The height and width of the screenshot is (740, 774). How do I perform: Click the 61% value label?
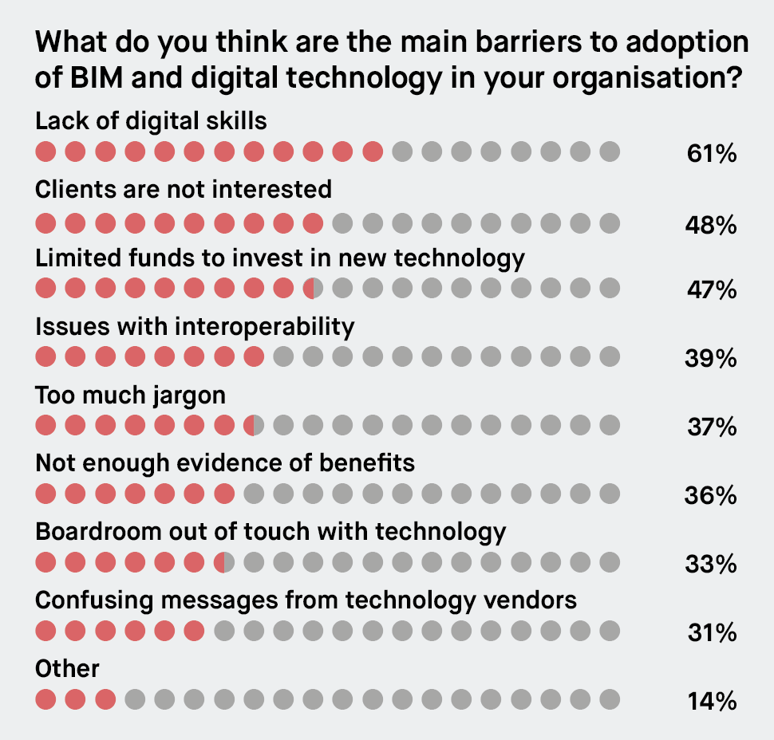pyautogui.click(x=711, y=153)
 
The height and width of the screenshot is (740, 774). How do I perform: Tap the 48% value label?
pyautogui.click(x=711, y=226)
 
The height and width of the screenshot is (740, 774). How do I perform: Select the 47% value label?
pyautogui.click(x=711, y=291)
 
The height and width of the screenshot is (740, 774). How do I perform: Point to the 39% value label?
pyautogui.click(x=711, y=360)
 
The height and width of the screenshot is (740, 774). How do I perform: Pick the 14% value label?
pyautogui.click(x=711, y=702)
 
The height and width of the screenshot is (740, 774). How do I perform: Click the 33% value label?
pyautogui.click(x=711, y=565)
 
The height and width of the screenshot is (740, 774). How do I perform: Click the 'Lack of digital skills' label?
pyautogui.click(x=151, y=120)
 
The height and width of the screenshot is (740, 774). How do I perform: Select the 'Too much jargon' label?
pyautogui.click(x=131, y=395)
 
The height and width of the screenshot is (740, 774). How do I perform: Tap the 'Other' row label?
pyautogui.click(x=67, y=667)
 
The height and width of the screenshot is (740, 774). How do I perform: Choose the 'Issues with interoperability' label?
pyautogui.click(x=195, y=326)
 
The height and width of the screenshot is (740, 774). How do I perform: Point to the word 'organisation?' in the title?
pyautogui.click(x=654, y=80)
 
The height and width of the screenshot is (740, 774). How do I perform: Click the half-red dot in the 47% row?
pyautogui.click(x=313, y=289)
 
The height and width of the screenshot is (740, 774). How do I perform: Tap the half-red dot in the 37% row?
pyautogui.click(x=254, y=426)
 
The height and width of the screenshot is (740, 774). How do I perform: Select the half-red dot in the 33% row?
pyautogui.click(x=224, y=563)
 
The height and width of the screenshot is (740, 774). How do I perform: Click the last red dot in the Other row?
pyautogui.click(x=105, y=700)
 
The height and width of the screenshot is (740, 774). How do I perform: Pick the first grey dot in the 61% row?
pyautogui.click(x=402, y=152)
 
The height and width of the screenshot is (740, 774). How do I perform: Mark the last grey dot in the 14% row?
pyautogui.click(x=610, y=700)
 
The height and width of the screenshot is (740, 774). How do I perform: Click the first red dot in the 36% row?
pyautogui.click(x=45, y=494)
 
